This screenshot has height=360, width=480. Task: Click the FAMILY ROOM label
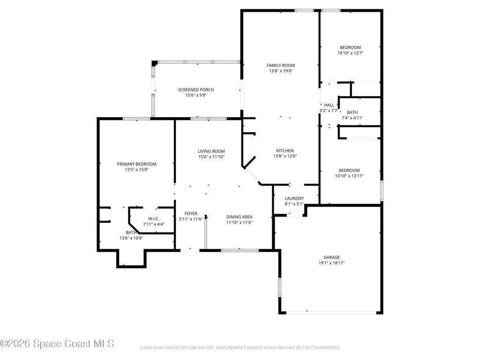click(281, 65)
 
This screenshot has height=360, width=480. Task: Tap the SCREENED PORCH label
click(196, 90)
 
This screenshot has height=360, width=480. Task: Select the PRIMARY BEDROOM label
click(136, 164)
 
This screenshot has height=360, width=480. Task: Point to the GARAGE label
click(331, 257)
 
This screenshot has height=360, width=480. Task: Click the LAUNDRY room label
click(294, 198)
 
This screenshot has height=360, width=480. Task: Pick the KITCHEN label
click(285, 150)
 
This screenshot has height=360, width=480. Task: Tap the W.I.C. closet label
click(154, 218)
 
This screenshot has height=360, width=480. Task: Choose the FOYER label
click(191, 214)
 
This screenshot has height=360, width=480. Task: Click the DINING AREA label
click(240, 217)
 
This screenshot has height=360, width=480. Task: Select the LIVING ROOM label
click(211, 151)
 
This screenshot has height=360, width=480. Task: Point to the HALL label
click(329, 105)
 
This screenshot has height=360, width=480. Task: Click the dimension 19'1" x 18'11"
click(331, 263)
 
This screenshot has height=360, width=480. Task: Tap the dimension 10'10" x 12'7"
click(350, 53)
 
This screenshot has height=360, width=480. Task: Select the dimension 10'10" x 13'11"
click(349, 176)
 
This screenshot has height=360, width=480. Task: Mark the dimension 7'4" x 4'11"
click(352, 118)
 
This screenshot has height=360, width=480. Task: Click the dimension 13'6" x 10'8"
click(131, 238)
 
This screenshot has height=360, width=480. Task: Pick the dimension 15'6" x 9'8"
click(196, 95)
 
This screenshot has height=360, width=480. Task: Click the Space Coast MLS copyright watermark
click(57, 344)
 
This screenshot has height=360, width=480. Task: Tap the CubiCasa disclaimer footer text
click(240, 348)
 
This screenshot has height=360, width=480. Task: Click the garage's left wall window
click(279, 287)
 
